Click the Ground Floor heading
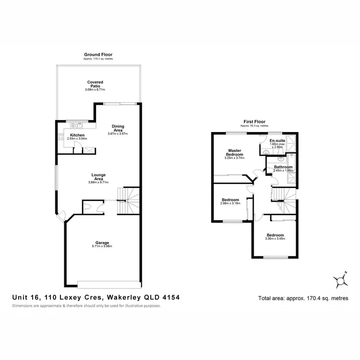click(x=98, y=55)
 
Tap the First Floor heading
click(x=254, y=121)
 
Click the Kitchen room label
click(x=77, y=135)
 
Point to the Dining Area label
click(x=118, y=128)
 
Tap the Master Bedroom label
click(x=234, y=152)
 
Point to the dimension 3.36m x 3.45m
click(x=276, y=239)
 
